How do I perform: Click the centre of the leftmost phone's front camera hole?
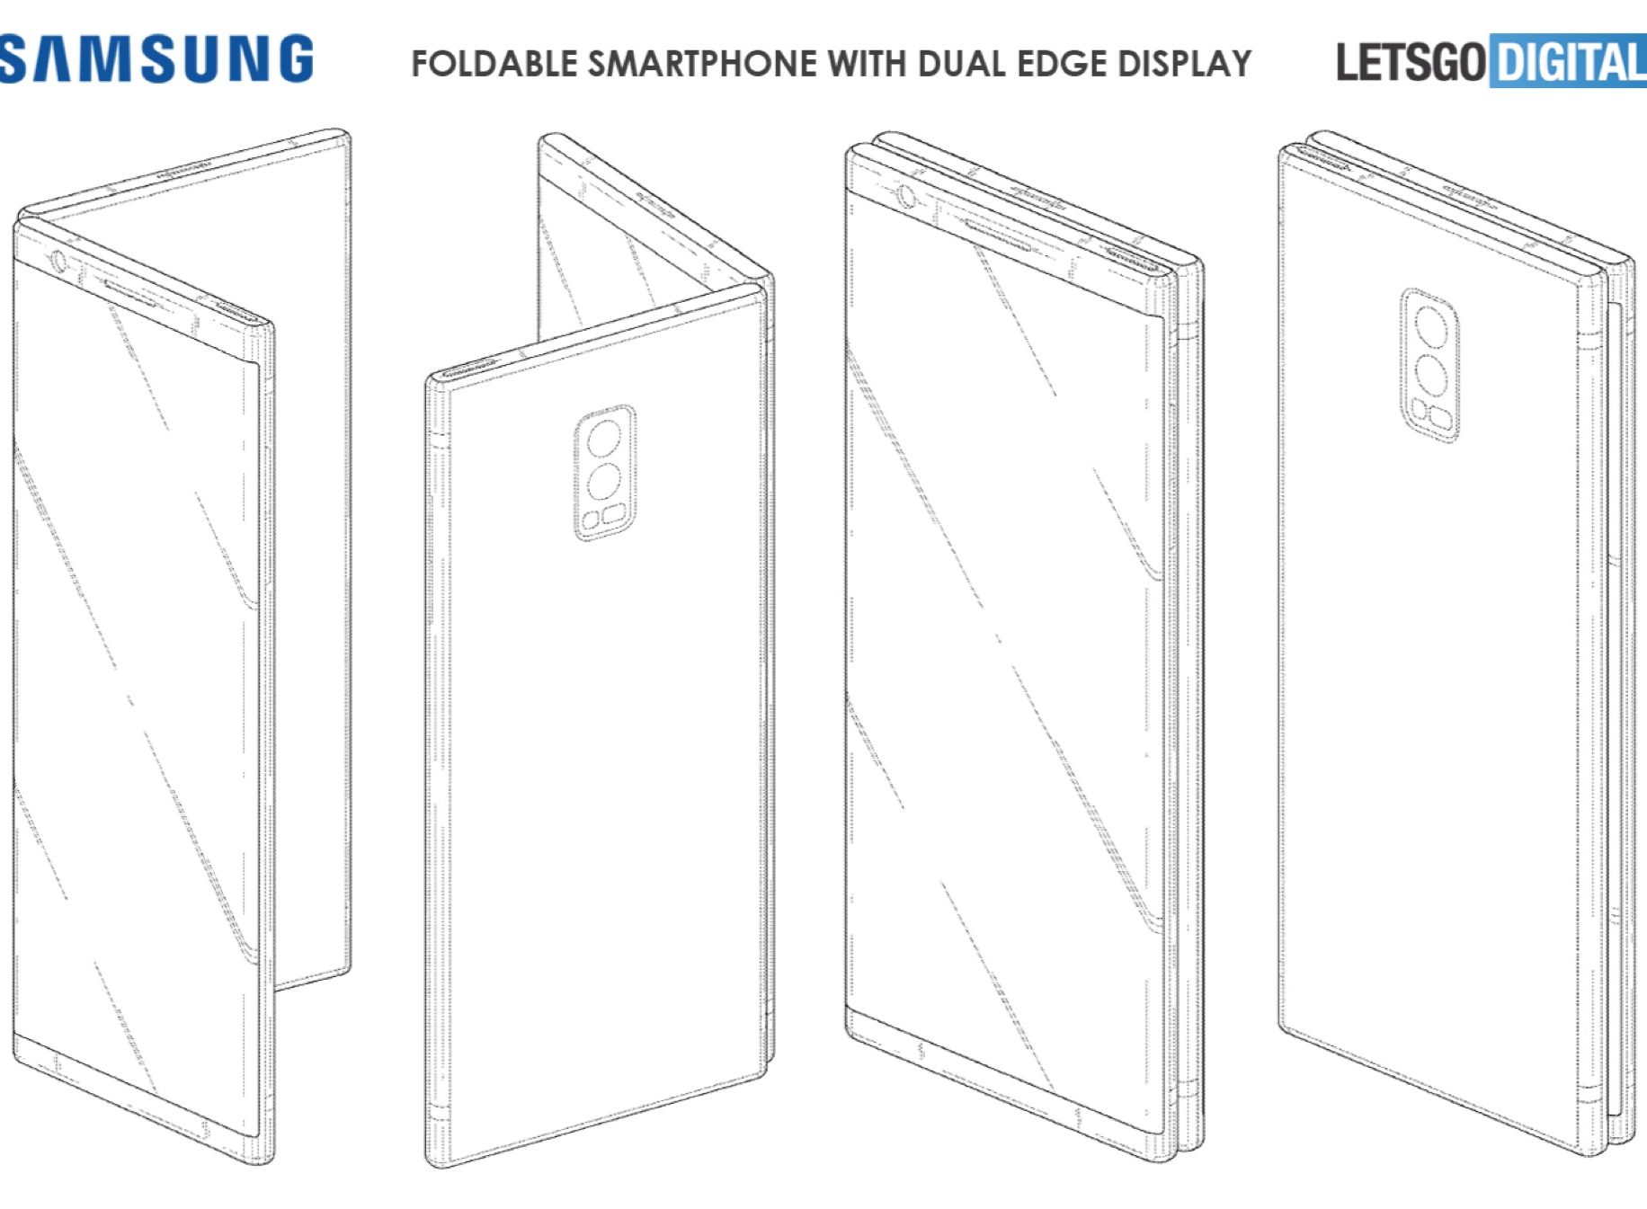coord(58,262)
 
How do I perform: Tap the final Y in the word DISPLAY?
coord(1239,64)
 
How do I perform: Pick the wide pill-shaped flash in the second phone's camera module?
coord(613,515)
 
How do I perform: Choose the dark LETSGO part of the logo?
coord(1411,62)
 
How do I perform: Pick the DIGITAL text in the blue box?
coord(1570,62)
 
